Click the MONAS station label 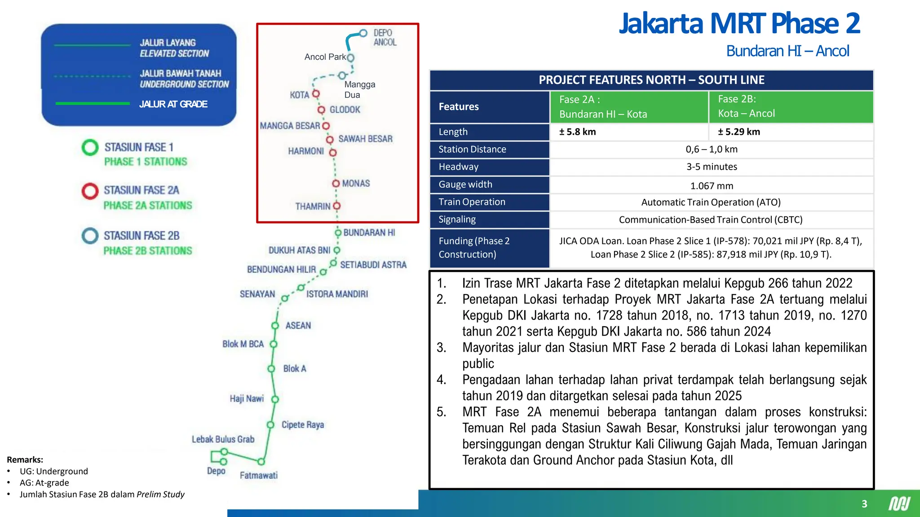tap(356, 184)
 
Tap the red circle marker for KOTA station tap(316, 94)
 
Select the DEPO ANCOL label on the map tap(385, 38)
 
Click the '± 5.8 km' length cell tap(577, 132)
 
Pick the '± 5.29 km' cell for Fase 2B tap(739, 132)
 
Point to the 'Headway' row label tap(459, 167)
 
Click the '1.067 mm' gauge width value tap(712, 186)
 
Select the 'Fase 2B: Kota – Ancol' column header tap(746, 106)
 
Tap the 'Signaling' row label tap(457, 219)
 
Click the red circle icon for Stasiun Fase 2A tap(90, 191)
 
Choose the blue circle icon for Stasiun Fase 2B tap(90, 236)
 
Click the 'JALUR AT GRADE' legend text tap(173, 104)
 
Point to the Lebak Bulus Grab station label tap(223, 439)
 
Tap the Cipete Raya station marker tap(270, 425)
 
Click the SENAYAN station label tap(257, 294)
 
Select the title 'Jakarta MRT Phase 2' tap(739, 23)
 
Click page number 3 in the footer tap(864, 504)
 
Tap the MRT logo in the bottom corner tap(899, 504)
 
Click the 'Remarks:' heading tap(25, 460)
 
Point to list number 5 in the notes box tap(441, 412)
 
